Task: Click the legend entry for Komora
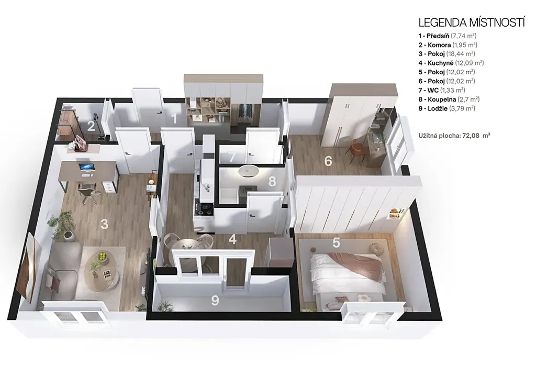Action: [448, 45]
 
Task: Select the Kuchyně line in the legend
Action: [451, 63]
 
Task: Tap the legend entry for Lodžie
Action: [447, 109]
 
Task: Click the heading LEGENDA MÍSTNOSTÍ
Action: [472, 23]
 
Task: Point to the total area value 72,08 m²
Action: [476, 136]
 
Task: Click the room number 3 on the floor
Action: [104, 224]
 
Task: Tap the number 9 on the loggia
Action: [215, 300]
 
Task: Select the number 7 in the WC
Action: [232, 158]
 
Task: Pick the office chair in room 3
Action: [88, 193]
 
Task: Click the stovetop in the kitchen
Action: [204, 208]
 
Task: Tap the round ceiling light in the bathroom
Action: [248, 171]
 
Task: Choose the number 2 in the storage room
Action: [91, 126]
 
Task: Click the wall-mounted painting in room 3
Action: [27, 268]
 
